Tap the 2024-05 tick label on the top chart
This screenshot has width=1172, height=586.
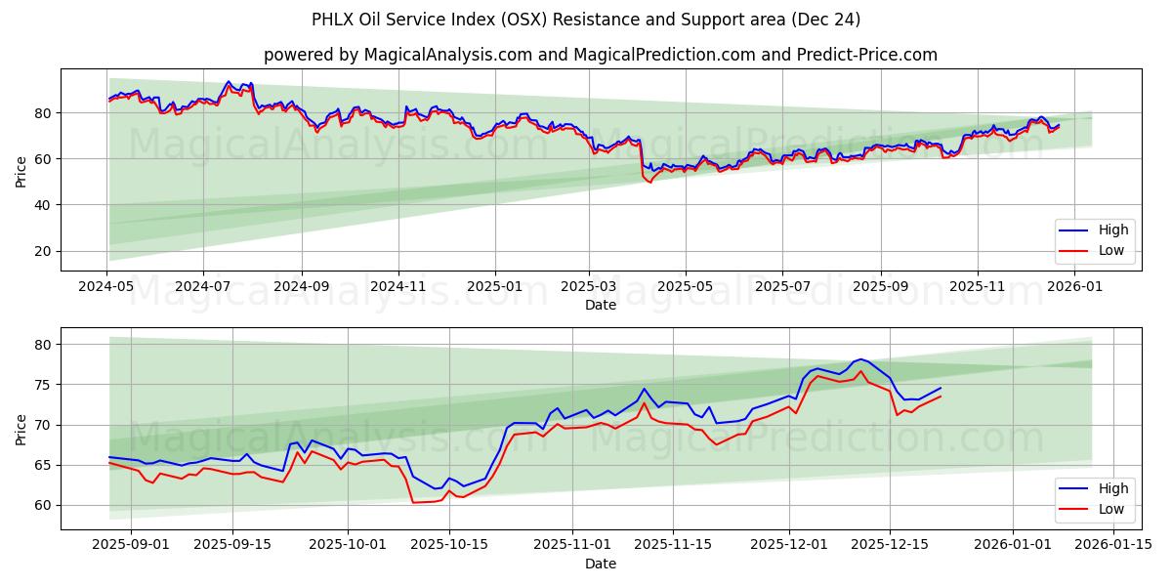106,287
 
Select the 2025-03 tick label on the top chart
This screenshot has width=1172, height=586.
589,287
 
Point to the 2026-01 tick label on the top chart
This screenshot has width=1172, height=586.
1074,287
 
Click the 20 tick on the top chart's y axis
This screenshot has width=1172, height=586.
41,251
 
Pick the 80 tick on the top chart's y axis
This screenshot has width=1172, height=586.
41,113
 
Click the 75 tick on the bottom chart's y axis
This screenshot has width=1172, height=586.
41,385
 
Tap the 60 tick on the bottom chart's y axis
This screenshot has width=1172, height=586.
41,506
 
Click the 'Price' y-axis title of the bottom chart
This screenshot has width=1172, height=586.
21,429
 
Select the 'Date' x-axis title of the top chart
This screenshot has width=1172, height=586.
600,305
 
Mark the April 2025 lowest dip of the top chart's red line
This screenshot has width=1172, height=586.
650,183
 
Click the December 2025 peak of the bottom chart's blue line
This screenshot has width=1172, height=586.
859,359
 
